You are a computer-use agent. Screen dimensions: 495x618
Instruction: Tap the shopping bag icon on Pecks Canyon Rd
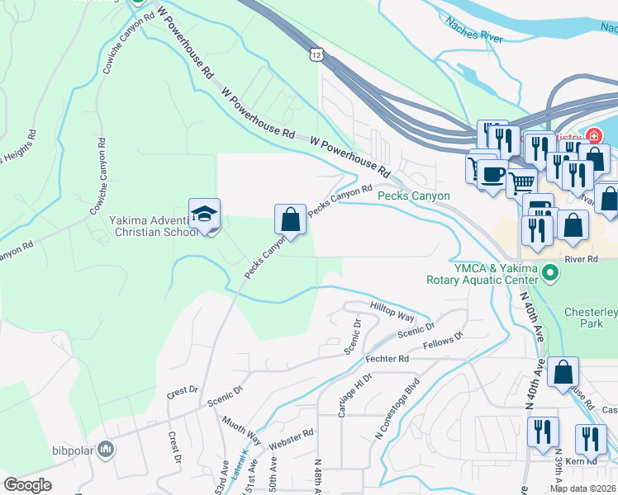pyautogui.click(x=290, y=219)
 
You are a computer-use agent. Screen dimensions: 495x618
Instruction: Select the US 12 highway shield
pyautogui.click(x=317, y=54)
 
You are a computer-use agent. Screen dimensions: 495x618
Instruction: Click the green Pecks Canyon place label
pyautogui.click(x=413, y=196)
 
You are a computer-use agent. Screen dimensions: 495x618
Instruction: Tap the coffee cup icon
pyautogui.click(x=494, y=174)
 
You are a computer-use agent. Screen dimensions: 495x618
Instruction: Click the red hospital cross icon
pyautogui.click(x=594, y=136)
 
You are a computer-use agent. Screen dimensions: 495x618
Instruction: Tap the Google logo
pyautogui.click(x=27, y=485)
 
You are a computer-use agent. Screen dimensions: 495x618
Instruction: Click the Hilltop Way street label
pyautogui.click(x=392, y=311)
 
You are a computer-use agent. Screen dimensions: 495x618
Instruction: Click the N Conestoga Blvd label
pyautogui.click(x=397, y=408)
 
